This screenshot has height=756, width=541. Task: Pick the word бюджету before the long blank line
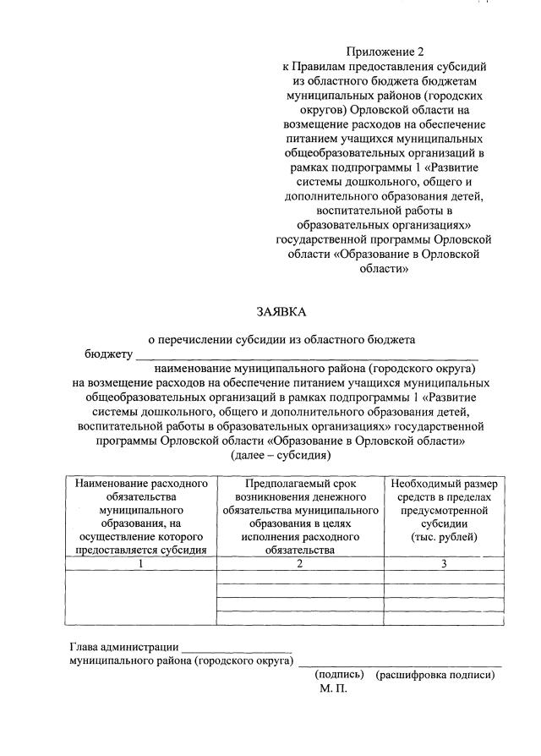[x=108, y=353]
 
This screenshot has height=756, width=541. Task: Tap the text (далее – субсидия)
[x=280, y=455]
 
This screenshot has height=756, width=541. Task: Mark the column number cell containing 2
[x=300, y=564]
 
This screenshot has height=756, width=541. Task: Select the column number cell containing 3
[x=444, y=564]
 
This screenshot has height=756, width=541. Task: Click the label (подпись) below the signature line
[x=339, y=675]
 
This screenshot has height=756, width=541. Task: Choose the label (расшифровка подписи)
[x=435, y=675]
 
